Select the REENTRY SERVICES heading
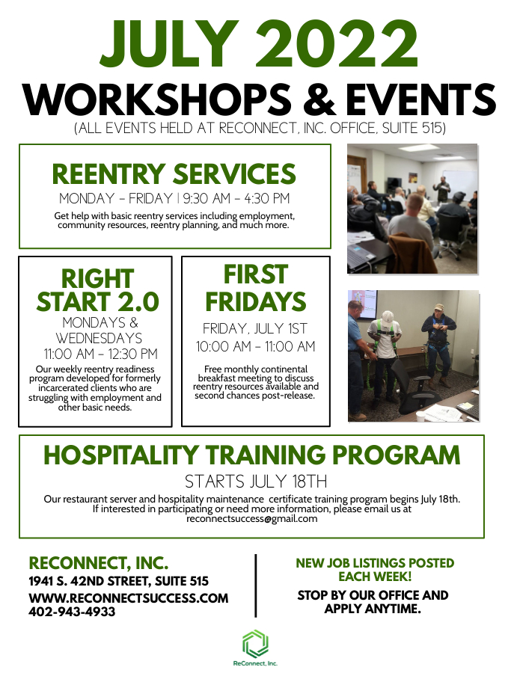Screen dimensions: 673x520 [174, 174]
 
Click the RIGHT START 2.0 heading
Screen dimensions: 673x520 [97, 290]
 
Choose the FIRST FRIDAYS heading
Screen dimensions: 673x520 [256, 288]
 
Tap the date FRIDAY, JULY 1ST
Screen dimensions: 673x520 [255, 328]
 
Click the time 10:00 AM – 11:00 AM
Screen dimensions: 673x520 [255, 346]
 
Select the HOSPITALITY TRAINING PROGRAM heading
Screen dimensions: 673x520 [251, 455]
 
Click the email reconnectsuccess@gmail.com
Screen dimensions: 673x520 [251, 518]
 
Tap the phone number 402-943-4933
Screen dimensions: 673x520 [72, 611]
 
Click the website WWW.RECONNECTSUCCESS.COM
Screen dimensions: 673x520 [128, 597]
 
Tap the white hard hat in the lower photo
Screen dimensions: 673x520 [388, 317]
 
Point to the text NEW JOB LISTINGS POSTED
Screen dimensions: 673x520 [375, 563]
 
